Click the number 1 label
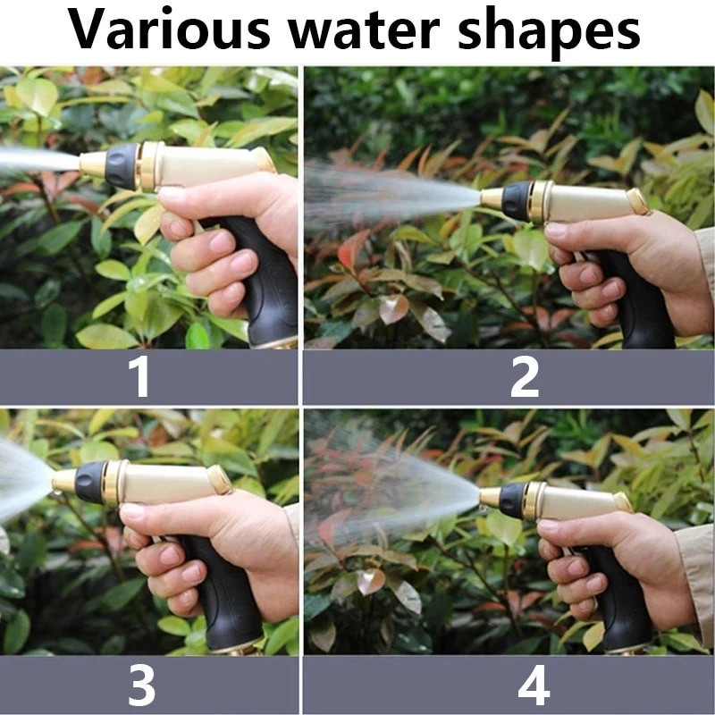tap(139, 376)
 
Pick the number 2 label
tap(525, 376)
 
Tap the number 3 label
tap(141, 685)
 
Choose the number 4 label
tap(534, 685)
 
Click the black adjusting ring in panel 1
tap(122, 166)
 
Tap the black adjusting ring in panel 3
tap(91, 483)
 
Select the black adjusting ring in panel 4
tap(513, 500)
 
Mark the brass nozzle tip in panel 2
tap(492, 199)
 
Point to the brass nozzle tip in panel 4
tap(490, 497)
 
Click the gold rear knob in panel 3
tap(219, 480)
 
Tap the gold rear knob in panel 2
tap(637, 201)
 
